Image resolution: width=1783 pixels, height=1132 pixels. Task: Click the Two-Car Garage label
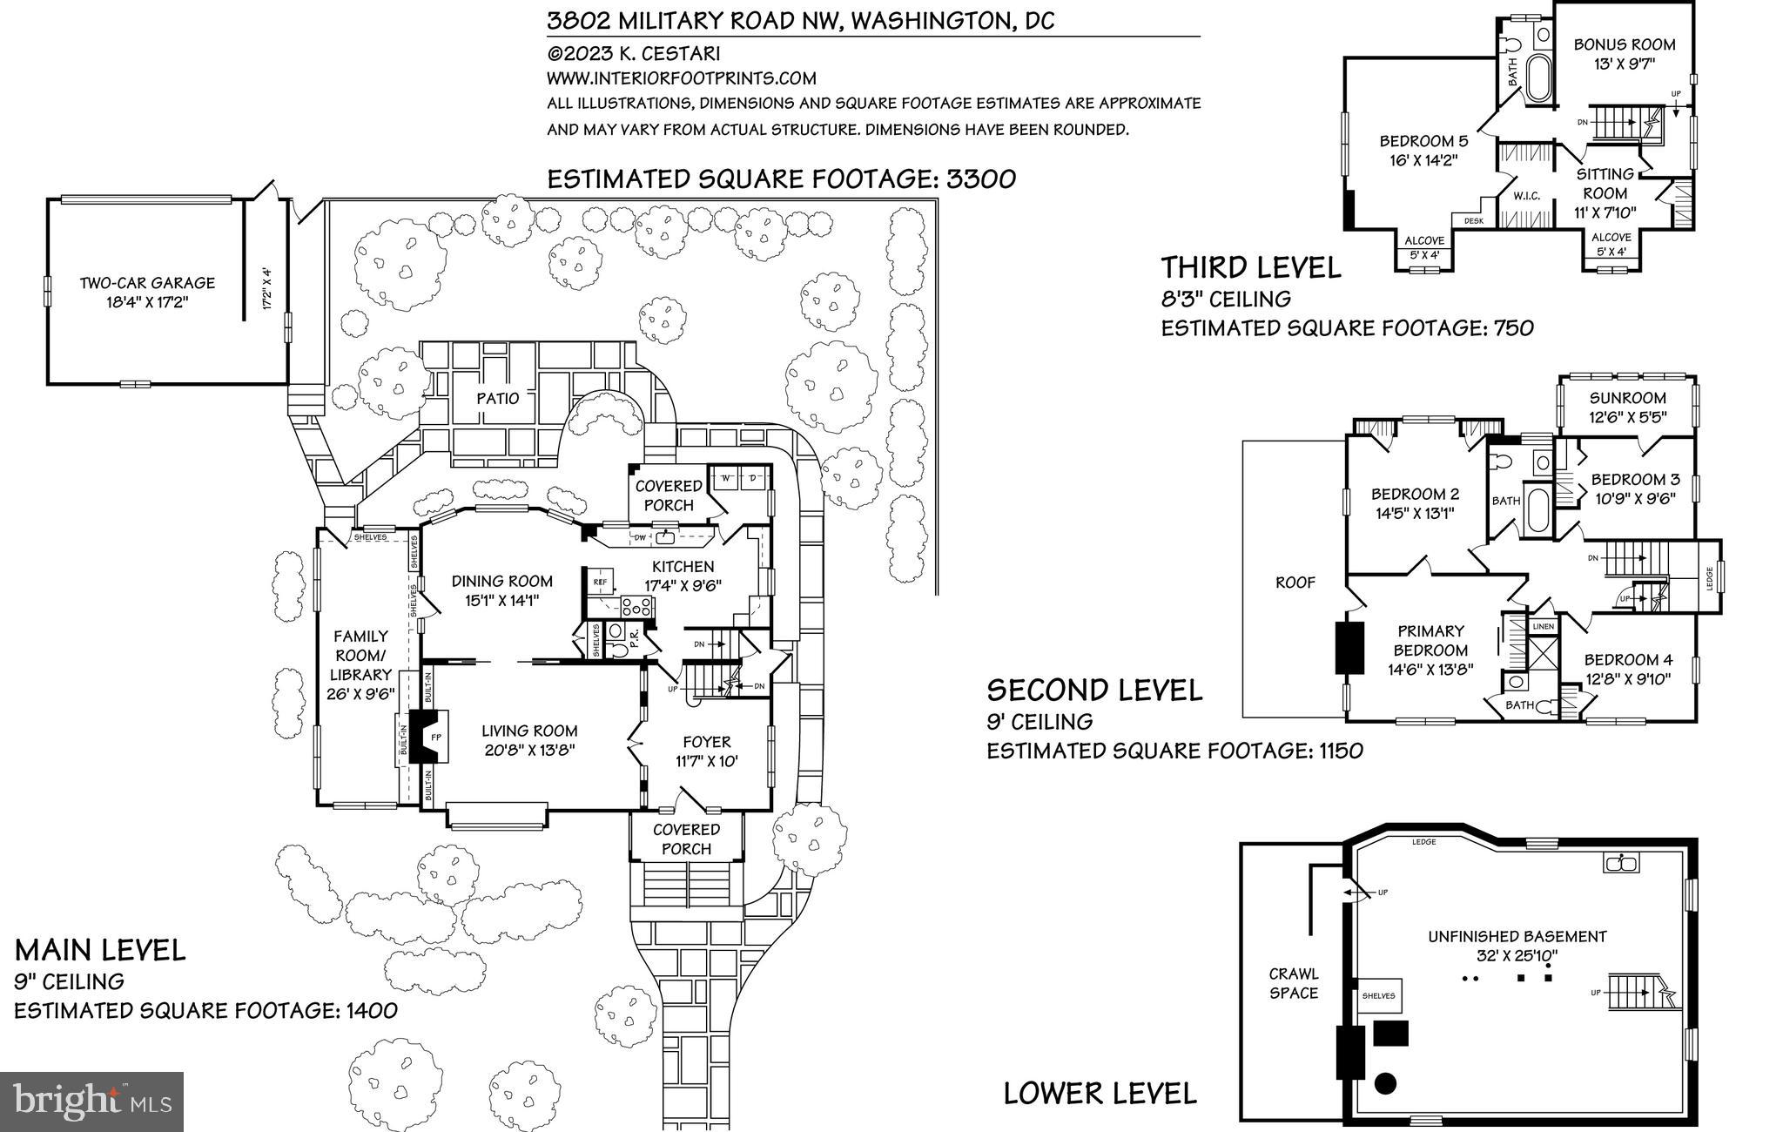146,283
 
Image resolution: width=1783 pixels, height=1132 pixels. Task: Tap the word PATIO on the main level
497,398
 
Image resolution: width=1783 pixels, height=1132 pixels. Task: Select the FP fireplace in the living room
436,738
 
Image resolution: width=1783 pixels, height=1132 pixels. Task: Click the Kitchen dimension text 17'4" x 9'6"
683,585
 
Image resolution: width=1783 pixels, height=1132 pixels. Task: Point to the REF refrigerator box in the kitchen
599,582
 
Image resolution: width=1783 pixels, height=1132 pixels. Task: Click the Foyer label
706,742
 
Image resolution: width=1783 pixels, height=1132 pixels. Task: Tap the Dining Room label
501,581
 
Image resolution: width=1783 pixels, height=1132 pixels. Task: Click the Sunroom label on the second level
1627,398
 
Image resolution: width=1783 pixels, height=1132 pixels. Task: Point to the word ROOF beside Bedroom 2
1295,583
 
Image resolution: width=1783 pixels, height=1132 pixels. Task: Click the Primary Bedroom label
1430,640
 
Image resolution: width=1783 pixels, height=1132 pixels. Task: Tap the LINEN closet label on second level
1543,626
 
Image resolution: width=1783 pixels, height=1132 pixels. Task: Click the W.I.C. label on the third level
1527,196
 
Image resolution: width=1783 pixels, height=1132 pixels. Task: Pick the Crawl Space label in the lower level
1293,983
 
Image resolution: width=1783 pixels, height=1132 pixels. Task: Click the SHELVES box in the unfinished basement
1378,995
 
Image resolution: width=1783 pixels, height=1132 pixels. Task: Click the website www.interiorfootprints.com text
681,77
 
